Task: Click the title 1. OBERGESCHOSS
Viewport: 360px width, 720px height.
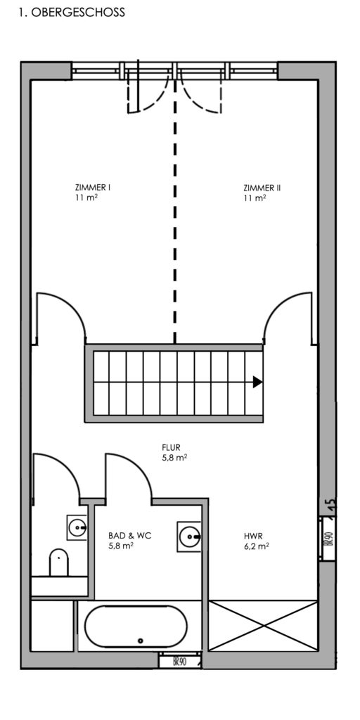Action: coord(72,13)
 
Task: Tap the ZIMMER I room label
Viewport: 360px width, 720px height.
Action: coord(93,187)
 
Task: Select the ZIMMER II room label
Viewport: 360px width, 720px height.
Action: coord(262,187)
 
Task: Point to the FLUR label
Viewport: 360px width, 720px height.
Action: coord(171,447)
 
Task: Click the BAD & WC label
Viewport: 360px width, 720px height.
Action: coord(130,535)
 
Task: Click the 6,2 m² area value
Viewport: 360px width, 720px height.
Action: coord(256,546)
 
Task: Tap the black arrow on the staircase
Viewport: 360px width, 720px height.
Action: coord(257,382)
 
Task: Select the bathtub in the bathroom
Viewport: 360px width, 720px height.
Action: coord(136,626)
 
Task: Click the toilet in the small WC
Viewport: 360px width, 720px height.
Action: coord(59,562)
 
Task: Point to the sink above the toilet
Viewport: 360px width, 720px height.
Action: coord(77,527)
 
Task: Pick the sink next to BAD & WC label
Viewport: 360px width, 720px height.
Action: coord(189,536)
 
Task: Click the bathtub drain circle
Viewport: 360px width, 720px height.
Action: coord(141,641)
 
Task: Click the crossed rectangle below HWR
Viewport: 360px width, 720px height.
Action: coord(263,625)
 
